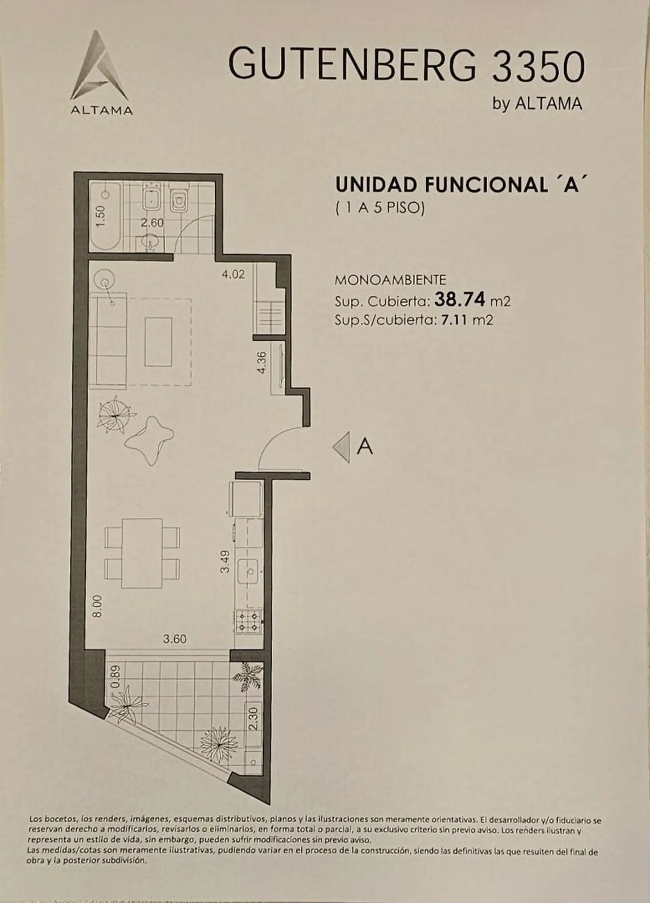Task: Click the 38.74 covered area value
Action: coord(460,299)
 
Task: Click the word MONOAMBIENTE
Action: coord(390,280)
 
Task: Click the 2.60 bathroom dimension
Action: coord(152,223)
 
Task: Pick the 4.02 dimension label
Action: coord(233,274)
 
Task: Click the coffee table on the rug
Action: coord(158,341)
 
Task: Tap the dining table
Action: coord(142,554)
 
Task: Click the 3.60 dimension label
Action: coord(175,639)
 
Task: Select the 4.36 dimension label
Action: coord(262,362)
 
